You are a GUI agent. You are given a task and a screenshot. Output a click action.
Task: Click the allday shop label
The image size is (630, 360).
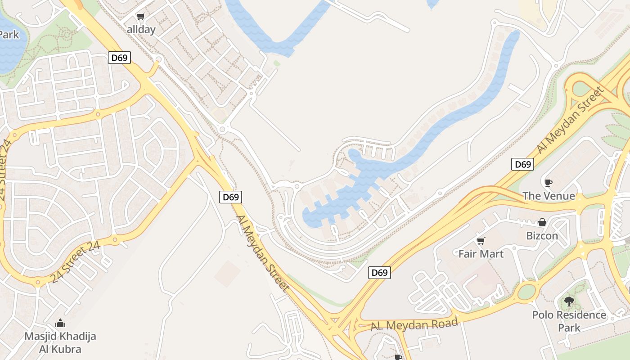(x=141, y=30)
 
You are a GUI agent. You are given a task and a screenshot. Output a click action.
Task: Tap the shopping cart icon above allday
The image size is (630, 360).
(x=141, y=17)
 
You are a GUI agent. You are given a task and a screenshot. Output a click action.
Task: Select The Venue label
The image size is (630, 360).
(x=549, y=196)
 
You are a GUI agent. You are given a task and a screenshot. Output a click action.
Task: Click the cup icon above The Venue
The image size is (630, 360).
(x=548, y=183)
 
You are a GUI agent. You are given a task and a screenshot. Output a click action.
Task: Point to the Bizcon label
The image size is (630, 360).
(x=542, y=235)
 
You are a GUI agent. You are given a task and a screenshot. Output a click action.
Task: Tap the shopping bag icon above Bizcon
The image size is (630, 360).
(x=542, y=222)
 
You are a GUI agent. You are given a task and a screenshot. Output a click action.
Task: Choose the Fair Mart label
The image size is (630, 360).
(x=481, y=254)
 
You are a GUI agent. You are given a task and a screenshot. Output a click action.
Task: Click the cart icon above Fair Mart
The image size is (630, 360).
(x=481, y=241)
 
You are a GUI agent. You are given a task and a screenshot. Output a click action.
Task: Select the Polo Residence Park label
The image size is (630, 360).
(x=569, y=320)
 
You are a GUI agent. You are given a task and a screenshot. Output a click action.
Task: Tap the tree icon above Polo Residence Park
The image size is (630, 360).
(x=569, y=301)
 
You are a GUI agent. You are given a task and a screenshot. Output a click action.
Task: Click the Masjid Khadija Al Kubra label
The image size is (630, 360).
(x=60, y=342)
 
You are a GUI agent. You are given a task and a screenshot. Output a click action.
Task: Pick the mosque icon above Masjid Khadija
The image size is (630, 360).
(x=60, y=323)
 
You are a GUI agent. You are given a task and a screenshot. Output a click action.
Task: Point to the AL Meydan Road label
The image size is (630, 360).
(x=414, y=324)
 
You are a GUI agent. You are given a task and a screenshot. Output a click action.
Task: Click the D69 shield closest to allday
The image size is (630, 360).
(x=120, y=58)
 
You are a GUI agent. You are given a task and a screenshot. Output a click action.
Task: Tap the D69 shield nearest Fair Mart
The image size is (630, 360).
(x=379, y=272)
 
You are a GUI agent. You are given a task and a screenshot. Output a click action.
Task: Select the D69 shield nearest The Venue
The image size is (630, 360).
(x=522, y=164)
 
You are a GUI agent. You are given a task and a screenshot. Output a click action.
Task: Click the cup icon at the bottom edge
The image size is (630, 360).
(x=398, y=357)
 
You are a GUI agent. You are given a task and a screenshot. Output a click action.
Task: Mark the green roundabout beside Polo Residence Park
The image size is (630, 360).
(x=527, y=292)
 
